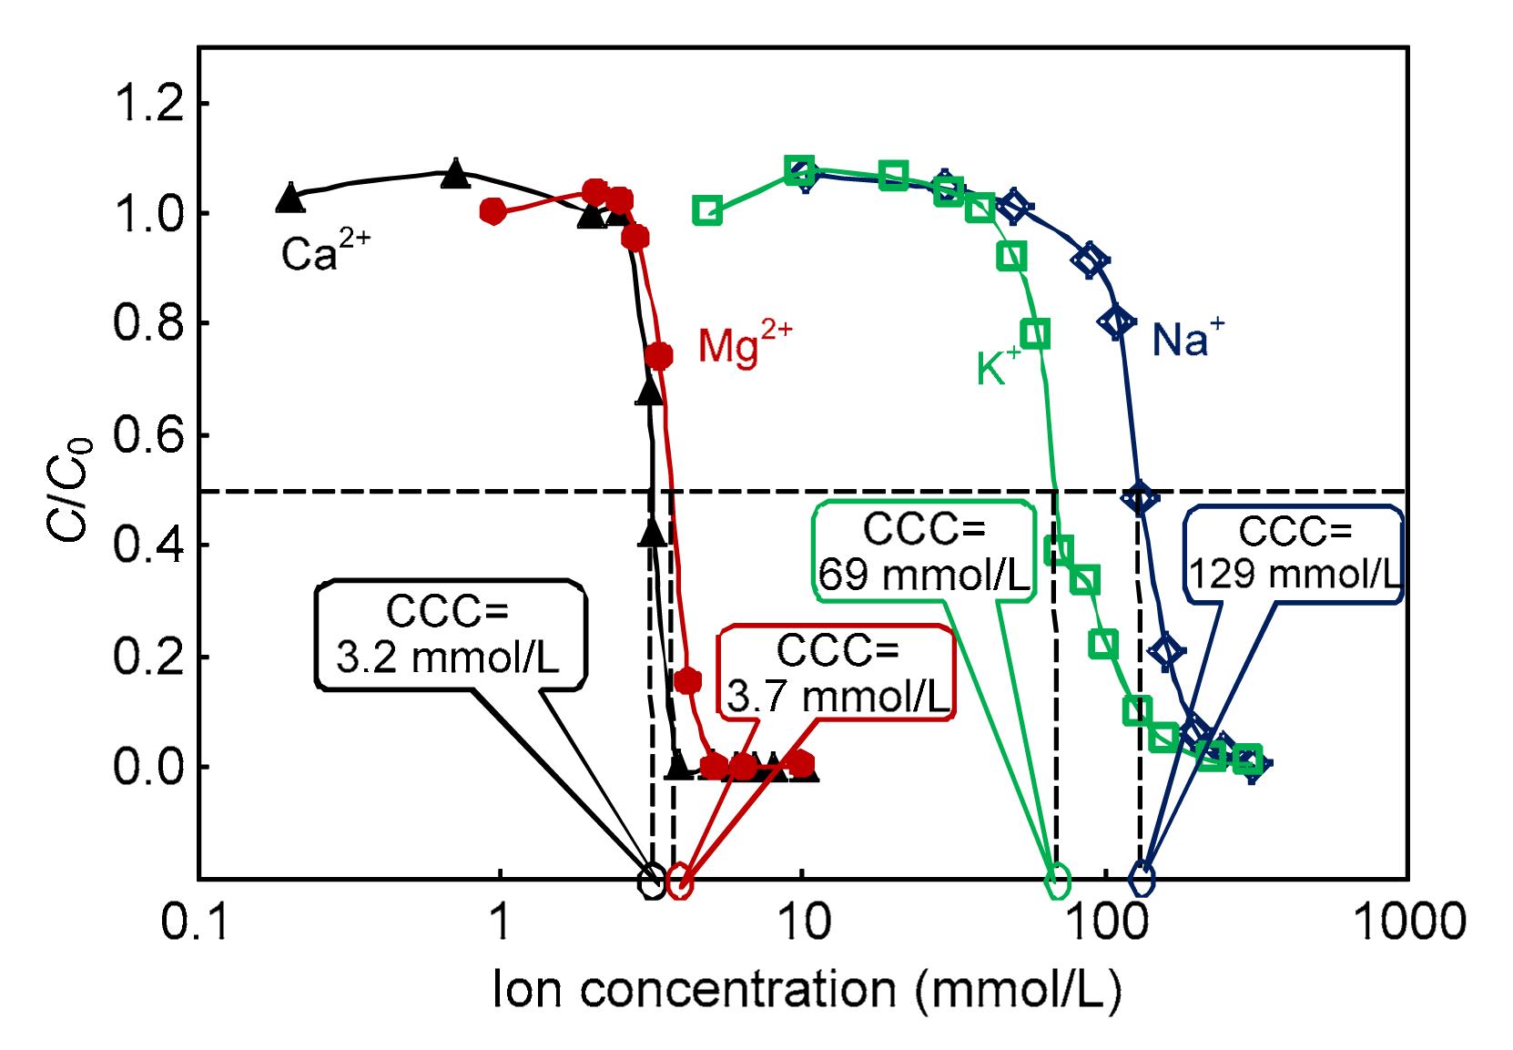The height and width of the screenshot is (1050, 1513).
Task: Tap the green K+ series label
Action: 999,367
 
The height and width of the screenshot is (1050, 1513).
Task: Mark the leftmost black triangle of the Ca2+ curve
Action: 289,198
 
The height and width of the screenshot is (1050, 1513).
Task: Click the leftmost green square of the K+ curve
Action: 707,210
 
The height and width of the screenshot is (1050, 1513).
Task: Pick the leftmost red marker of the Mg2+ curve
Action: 492,211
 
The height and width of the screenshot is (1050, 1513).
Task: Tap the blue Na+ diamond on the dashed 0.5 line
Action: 1140,497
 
